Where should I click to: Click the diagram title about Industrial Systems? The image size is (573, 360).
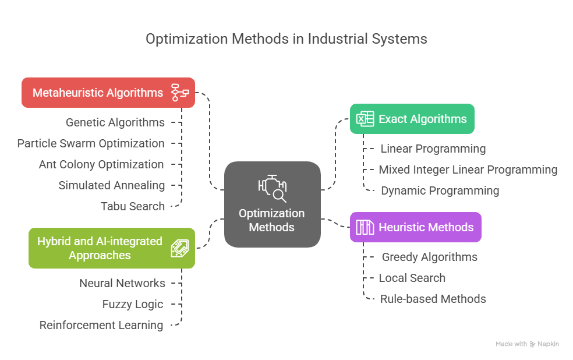286,39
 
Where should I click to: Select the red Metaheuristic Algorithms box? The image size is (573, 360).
108,93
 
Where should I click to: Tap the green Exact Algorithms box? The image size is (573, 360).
412,119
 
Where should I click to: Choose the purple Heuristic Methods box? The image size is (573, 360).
416,227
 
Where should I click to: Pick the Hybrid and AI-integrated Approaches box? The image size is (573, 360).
112,248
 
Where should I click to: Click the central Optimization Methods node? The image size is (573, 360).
272,204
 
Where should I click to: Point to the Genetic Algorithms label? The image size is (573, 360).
115,122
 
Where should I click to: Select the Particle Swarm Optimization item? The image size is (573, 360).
91,143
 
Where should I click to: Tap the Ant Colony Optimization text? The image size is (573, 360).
101,164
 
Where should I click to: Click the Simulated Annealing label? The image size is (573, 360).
112,185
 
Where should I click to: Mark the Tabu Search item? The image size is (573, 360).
133,206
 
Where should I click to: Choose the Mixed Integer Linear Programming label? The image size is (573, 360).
468,170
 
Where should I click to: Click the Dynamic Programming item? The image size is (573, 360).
440,190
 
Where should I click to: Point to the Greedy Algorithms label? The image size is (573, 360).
429,257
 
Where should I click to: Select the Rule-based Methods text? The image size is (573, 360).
433,299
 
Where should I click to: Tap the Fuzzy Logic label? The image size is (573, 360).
133,304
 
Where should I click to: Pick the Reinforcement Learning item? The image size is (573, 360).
101,325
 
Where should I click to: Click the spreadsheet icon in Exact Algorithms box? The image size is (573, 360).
365,119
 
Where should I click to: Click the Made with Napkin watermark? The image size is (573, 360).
527,344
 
